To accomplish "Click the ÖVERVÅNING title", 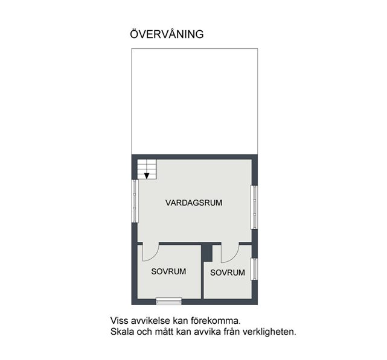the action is point(167,34).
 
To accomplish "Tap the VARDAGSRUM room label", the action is point(194,203).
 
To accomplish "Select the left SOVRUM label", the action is point(168,271).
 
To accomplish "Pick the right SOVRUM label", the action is point(228,273).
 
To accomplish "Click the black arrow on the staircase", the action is point(147,176).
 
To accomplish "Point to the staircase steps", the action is point(147,169).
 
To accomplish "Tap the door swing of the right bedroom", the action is point(230,254).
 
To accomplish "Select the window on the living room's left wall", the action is point(135,201).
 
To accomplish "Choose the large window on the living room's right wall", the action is point(254,207).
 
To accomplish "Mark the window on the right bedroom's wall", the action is point(254,269).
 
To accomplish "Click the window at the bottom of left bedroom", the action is point(169,302).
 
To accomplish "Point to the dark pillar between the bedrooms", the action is point(207,252).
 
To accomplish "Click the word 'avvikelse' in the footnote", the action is point(150,321).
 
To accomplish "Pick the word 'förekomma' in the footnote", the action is point(214,321).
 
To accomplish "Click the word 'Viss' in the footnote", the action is point(120,321).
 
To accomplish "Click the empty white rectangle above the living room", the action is point(194,101).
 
